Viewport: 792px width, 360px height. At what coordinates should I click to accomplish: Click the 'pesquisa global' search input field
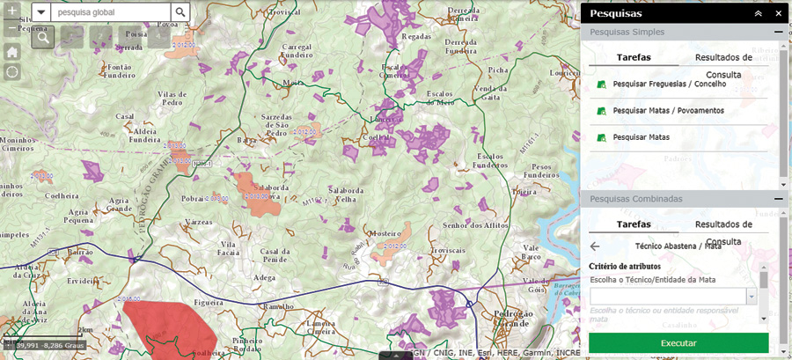pyautogui.click(x=111, y=12)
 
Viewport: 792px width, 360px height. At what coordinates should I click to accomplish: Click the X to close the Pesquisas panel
pyautogui.click(x=778, y=14)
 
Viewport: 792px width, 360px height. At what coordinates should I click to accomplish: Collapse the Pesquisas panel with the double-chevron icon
pyautogui.click(x=758, y=14)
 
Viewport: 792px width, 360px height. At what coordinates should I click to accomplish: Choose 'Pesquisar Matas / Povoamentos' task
pyautogui.click(x=668, y=111)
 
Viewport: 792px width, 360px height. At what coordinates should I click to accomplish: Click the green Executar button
pyautogui.click(x=678, y=342)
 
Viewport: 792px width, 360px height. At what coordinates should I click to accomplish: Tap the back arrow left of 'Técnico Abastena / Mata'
pyautogui.click(x=595, y=247)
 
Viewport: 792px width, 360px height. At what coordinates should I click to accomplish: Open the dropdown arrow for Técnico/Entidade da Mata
pyautogui.click(x=752, y=297)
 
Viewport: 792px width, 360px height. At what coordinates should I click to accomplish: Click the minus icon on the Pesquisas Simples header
pyautogui.click(x=778, y=32)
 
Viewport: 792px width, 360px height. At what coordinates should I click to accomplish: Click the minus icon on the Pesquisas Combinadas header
pyautogui.click(x=778, y=199)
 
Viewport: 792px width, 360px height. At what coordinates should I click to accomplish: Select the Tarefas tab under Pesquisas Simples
pyautogui.click(x=634, y=57)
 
